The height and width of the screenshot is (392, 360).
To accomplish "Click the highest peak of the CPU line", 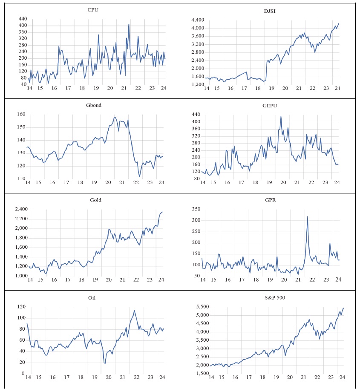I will (129, 24).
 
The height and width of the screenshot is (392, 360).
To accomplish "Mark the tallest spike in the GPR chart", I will (307, 216).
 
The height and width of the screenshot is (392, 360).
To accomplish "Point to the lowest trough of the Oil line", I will (105, 363).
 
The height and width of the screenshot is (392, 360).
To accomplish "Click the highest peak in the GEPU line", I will (281, 116).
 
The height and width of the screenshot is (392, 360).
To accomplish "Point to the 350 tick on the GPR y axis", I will (196, 209).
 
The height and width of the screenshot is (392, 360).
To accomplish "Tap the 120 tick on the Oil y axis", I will (20, 307).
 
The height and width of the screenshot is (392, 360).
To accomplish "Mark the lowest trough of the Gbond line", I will (140, 176).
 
